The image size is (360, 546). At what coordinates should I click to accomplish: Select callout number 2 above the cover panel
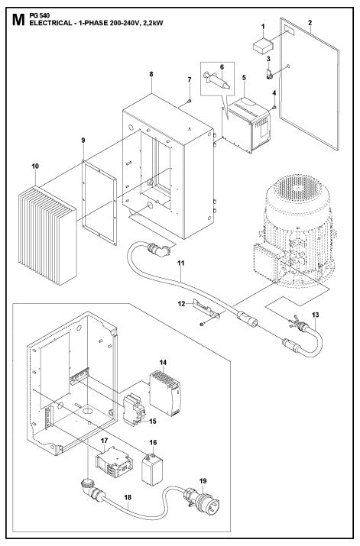pyautogui.click(x=309, y=24)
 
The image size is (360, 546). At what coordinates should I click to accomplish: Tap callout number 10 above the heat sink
pyautogui.click(x=35, y=165)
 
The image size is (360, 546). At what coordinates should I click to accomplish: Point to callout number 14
pyautogui.click(x=163, y=360)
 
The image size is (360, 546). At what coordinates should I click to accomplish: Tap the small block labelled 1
pyautogui.click(x=264, y=44)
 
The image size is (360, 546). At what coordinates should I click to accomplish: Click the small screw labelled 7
pyautogui.click(x=188, y=99)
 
